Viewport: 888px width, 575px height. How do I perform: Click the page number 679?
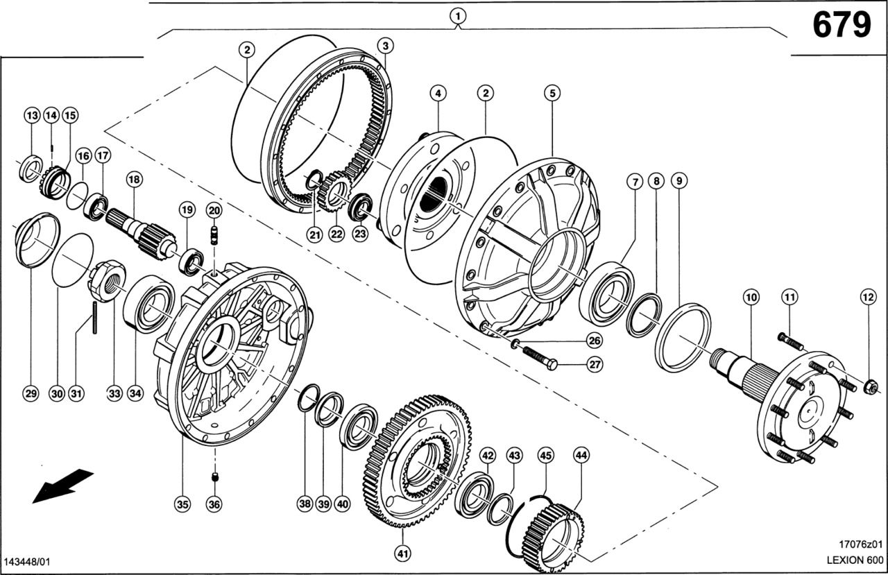[841, 26]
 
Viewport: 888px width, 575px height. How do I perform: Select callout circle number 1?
[458, 14]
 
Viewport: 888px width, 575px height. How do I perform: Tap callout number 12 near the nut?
[869, 297]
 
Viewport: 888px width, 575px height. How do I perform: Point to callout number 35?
[182, 505]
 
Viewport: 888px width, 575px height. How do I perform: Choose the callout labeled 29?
[30, 393]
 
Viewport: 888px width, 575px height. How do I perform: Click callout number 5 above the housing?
[552, 92]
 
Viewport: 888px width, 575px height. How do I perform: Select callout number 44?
[581, 455]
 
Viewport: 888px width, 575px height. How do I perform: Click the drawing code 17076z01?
[860, 544]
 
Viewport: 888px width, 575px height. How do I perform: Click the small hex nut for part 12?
[872, 387]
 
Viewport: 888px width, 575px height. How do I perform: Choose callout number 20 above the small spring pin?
[214, 210]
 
